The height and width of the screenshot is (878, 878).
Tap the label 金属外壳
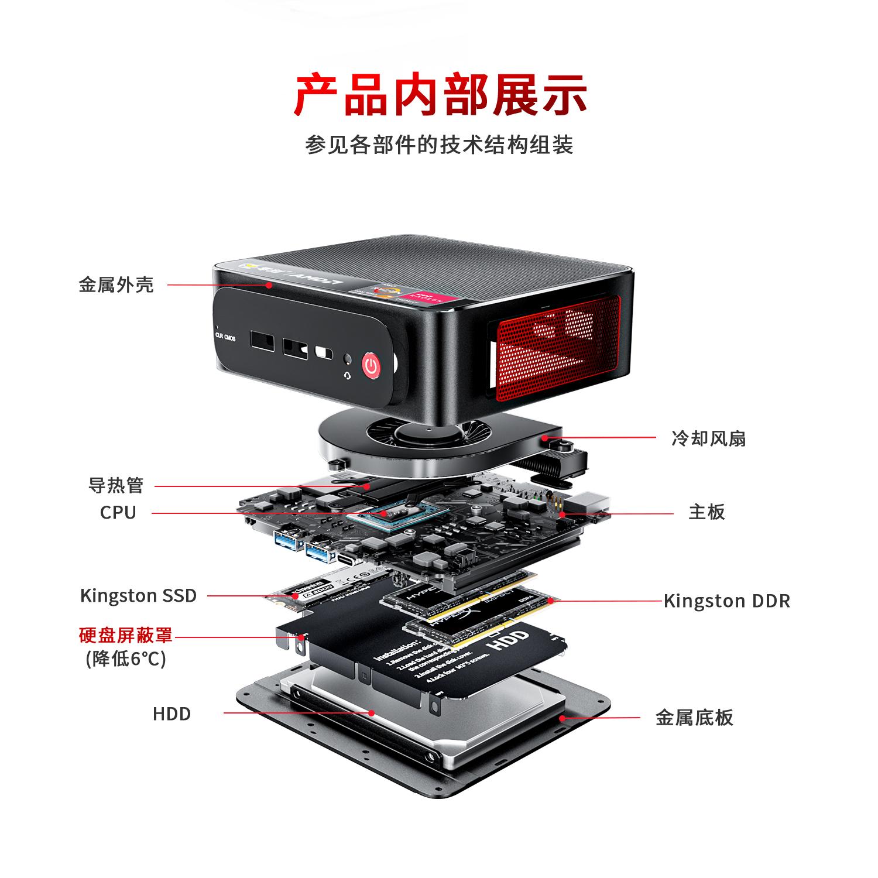click(x=116, y=285)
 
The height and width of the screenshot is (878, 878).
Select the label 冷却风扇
click(x=708, y=438)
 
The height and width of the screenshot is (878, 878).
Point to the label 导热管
click(x=115, y=485)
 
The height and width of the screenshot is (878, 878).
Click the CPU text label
click(x=118, y=512)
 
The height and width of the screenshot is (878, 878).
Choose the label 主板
click(x=706, y=512)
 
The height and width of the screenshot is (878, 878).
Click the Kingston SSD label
click(x=138, y=596)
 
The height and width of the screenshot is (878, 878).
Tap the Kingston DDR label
click(x=726, y=601)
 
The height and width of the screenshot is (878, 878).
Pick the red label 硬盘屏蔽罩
click(x=126, y=635)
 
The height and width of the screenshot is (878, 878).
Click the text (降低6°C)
click(x=126, y=659)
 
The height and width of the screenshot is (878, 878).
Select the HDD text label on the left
click(x=172, y=714)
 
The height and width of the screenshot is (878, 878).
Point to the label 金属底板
click(x=694, y=718)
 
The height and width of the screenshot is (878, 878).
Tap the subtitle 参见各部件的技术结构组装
click(x=439, y=145)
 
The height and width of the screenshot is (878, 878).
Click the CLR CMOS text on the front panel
click(x=225, y=338)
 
